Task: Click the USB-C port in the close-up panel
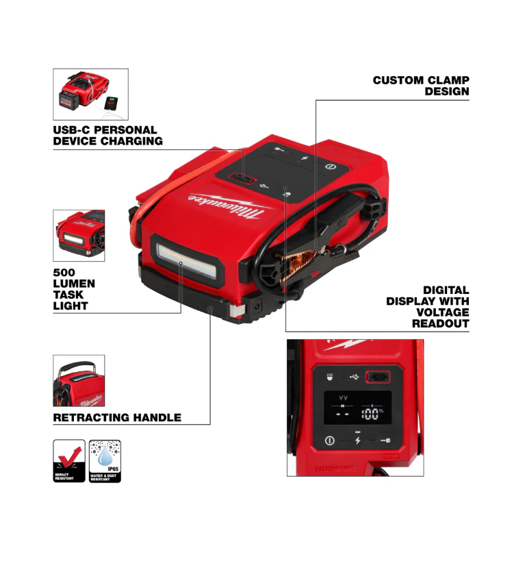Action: pyautogui.click(x=378, y=376)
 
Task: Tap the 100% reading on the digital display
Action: pyautogui.click(x=372, y=414)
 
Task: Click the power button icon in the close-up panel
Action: pyautogui.click(x=330, y=440)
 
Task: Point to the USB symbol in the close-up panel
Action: pyautogui.click(x=353, y=376)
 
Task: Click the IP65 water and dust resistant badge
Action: pyautogui.click(x=105, y=460)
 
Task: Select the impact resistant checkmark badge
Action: pyautogui.click(x=69, y=460)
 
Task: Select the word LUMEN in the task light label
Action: pyautogui.click(x=74, y=284)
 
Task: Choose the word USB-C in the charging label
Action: pyautogui.click(x=70, y=129)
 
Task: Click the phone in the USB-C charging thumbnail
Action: pyautogui.click(x=114, y=106)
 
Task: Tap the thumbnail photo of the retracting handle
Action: pyautogui.click(x=79, y=380)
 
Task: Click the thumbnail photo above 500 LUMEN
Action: pyautogui.click(x=79, y=235)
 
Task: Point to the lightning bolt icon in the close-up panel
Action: pyautogui.click(x=357, y=441)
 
